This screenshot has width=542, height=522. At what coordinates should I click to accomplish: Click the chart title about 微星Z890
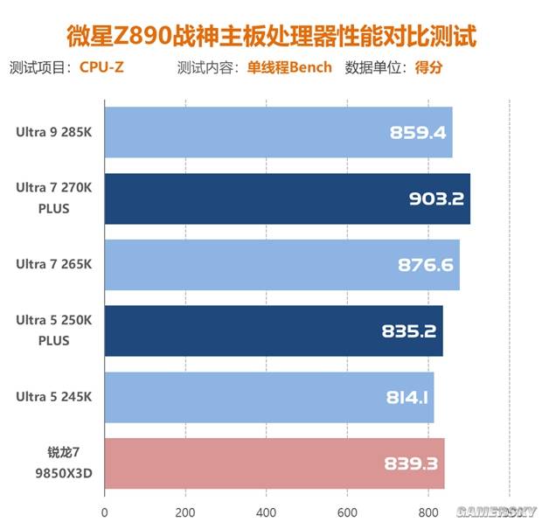pos(272,37)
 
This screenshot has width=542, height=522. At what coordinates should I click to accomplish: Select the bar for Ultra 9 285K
pos(278,133)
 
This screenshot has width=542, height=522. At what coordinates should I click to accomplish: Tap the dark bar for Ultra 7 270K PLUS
pos(287,198)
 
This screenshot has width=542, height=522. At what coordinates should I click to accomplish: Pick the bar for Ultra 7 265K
pos(281,265)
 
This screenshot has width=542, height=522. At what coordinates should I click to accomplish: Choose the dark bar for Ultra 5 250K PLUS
pos(274,331)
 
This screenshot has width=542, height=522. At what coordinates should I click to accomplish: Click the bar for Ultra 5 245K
pos(269,397)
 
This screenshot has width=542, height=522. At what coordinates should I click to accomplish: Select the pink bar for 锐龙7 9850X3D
pos(274,463)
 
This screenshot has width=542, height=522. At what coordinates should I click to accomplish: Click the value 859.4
pos(419,133)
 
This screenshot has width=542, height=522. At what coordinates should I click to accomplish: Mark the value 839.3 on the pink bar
pos(411,463)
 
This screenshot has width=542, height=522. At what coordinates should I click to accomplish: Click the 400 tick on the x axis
pos(267,512)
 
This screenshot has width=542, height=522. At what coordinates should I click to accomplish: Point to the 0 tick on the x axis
pos(105,512)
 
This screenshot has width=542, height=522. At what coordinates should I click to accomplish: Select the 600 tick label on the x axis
pos(347,512)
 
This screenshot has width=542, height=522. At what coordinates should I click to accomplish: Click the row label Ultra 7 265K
pos(52,265)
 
